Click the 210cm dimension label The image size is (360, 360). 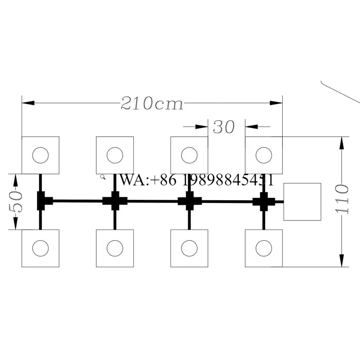[152, 103]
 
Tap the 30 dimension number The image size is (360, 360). [224, 127]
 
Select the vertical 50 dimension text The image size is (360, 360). [16, 202]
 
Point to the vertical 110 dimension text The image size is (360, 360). [342, 198]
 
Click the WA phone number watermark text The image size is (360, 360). [197, 180]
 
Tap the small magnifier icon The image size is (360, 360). [103, 177]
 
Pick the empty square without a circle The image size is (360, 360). [302, 202]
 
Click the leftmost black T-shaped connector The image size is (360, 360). [44, 201]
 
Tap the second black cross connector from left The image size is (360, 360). [115, 201]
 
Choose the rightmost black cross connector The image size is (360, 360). [264, 202]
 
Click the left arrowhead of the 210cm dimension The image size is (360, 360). [28, 103]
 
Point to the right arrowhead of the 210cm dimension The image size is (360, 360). [276, 103]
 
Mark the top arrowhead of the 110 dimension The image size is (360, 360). [342, 143]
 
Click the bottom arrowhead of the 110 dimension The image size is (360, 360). [342, 261]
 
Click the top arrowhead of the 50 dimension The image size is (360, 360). [15, 180]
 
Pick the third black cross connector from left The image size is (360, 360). [189, 201]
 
